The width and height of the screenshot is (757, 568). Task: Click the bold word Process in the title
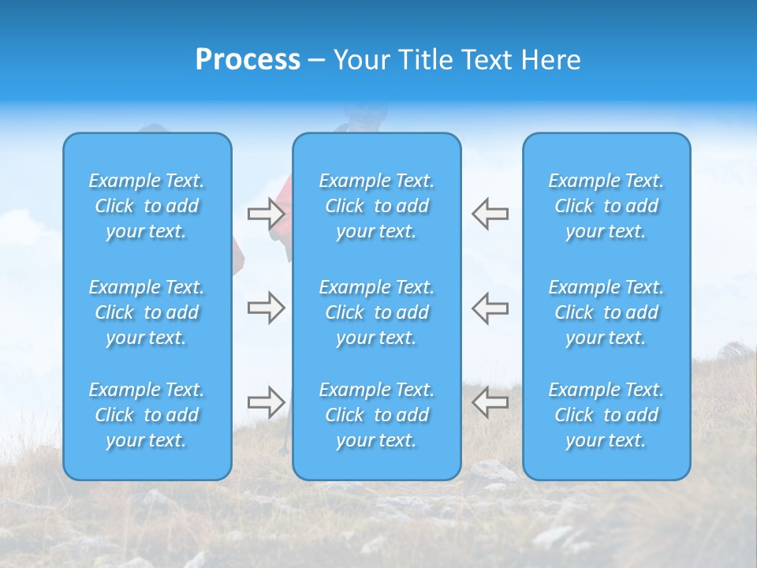pyautogui.click(x=248, y=60)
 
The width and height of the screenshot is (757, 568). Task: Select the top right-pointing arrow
pyautogui.click(x=266, y=214)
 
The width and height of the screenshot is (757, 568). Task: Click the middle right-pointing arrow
pyautogui.click(x=266, y=308)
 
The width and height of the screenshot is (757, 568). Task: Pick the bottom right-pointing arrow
pyautogui.click(x=266, y=402)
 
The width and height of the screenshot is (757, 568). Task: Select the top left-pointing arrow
pyautogui.click(x=490, y=214)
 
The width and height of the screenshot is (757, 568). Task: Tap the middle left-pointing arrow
pyautogui.click(x=490, y=308)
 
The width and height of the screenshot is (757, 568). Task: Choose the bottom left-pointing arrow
pyautogui.click(x=490, y=402)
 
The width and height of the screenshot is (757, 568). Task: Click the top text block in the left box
pyautogui.click(x=147, y=206)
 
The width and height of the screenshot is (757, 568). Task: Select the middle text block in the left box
pyautogui.click(x=147, y=312)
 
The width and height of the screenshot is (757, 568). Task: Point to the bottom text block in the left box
pyautogui.click(x=147, y=415)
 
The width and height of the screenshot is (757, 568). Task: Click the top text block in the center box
pyautogui.click(x=377, y=206)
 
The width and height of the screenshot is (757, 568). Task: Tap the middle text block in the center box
pyautogui.click(x=377, y=312)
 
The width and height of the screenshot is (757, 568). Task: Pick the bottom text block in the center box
pyautogui.click(x=377, y=415)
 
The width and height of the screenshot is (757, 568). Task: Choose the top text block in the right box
pyautogui.click(x=606, y=206)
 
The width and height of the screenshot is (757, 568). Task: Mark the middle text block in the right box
pyautogui.click(x=606, y=312)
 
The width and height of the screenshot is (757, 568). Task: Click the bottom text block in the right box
pyautogui.click(x=606, y=415)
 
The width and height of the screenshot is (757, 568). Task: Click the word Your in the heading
pyautogui.click(x=360, y=60)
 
